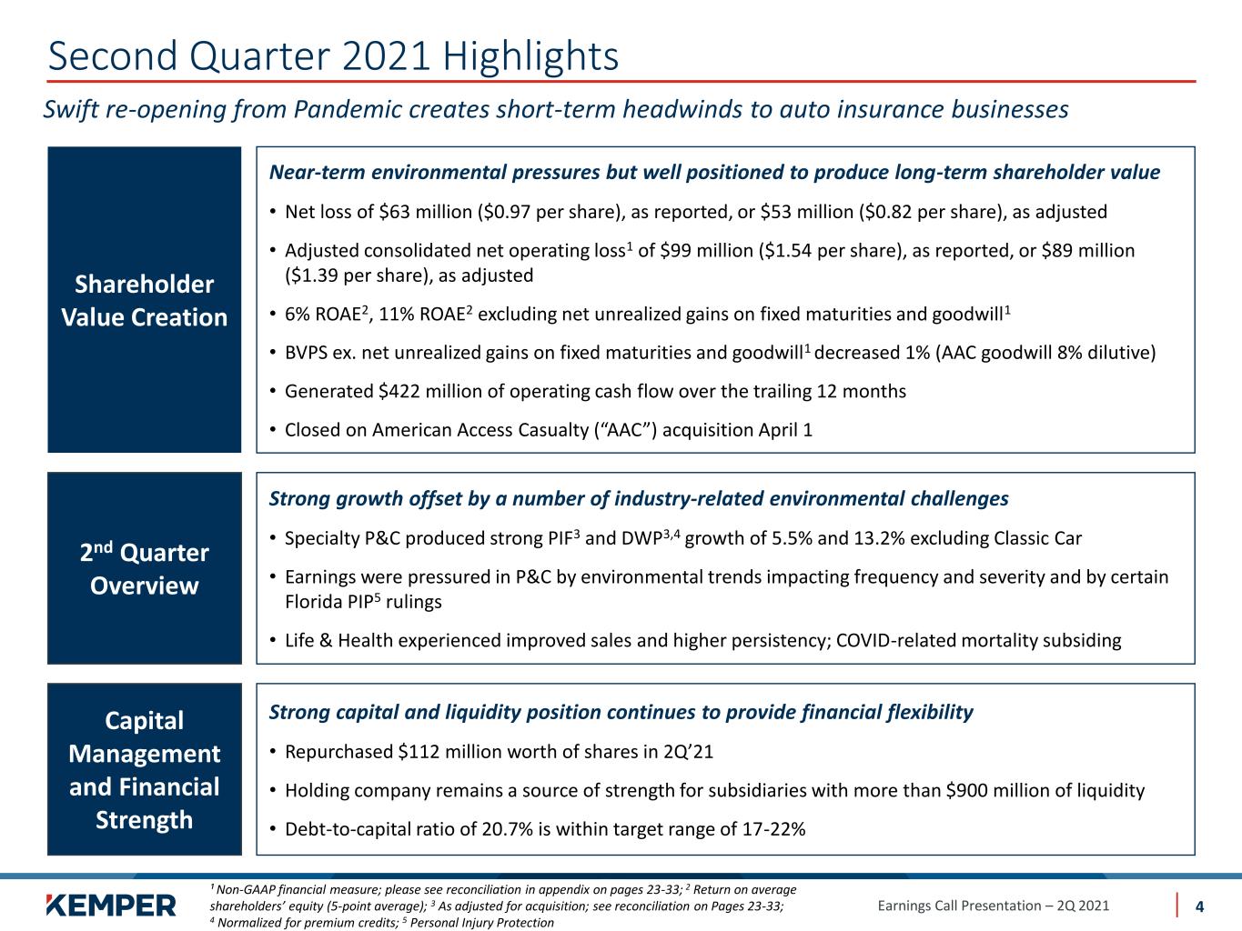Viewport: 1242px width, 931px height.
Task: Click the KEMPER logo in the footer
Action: [111, 905]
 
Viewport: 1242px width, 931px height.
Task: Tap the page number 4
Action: [1199, 906]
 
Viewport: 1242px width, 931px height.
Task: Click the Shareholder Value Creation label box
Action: [145, 300]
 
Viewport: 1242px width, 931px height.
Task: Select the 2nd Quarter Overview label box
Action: [145, 568]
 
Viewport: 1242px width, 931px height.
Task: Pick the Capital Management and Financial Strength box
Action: [145, 769]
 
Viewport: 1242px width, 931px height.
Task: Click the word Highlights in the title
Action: [530, 56]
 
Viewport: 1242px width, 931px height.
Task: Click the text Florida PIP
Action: [328, 602]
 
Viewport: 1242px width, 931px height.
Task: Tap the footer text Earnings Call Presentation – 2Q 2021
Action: [993, 906]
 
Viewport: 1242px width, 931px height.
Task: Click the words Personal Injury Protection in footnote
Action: [481, 923]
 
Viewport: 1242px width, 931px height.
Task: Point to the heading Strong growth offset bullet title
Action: [638, 498]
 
